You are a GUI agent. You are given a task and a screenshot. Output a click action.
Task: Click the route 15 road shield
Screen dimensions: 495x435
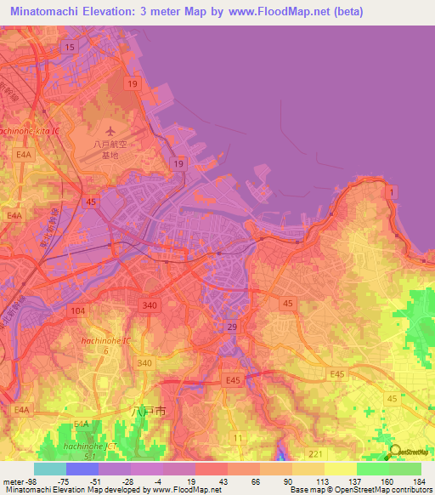[x=69, y=48]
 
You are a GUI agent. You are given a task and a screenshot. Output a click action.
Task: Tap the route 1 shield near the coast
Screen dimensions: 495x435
[x=390, y=194]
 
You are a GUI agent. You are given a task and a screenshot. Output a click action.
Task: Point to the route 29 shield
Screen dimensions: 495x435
[x=231, y=327]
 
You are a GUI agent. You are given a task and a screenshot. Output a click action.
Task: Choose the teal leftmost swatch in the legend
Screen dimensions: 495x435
[x=49, y=469]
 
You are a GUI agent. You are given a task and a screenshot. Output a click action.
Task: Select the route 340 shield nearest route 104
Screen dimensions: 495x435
[x=151, y=305]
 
